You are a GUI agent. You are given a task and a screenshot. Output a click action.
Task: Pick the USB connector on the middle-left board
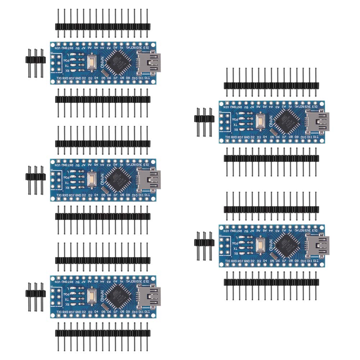[149, 178]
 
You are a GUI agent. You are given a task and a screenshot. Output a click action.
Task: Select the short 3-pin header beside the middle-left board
[35, 177]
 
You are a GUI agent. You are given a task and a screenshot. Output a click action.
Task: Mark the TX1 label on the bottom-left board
[59, 312]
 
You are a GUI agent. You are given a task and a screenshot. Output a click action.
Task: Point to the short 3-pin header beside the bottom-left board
[35, 293]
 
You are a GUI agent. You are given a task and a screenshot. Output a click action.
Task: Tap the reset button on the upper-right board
[261, 121]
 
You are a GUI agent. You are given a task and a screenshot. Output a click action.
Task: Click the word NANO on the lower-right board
[270, 245]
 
